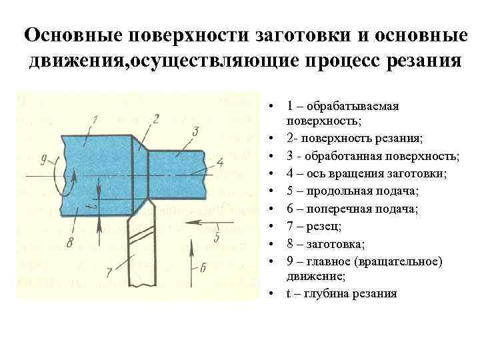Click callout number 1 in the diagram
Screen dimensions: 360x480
95,120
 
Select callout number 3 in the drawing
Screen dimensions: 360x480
195,131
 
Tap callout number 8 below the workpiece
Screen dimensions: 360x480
70,243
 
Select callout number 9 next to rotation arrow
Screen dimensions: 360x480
44,159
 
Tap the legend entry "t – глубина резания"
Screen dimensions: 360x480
341,293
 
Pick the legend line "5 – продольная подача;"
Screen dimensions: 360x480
353,191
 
